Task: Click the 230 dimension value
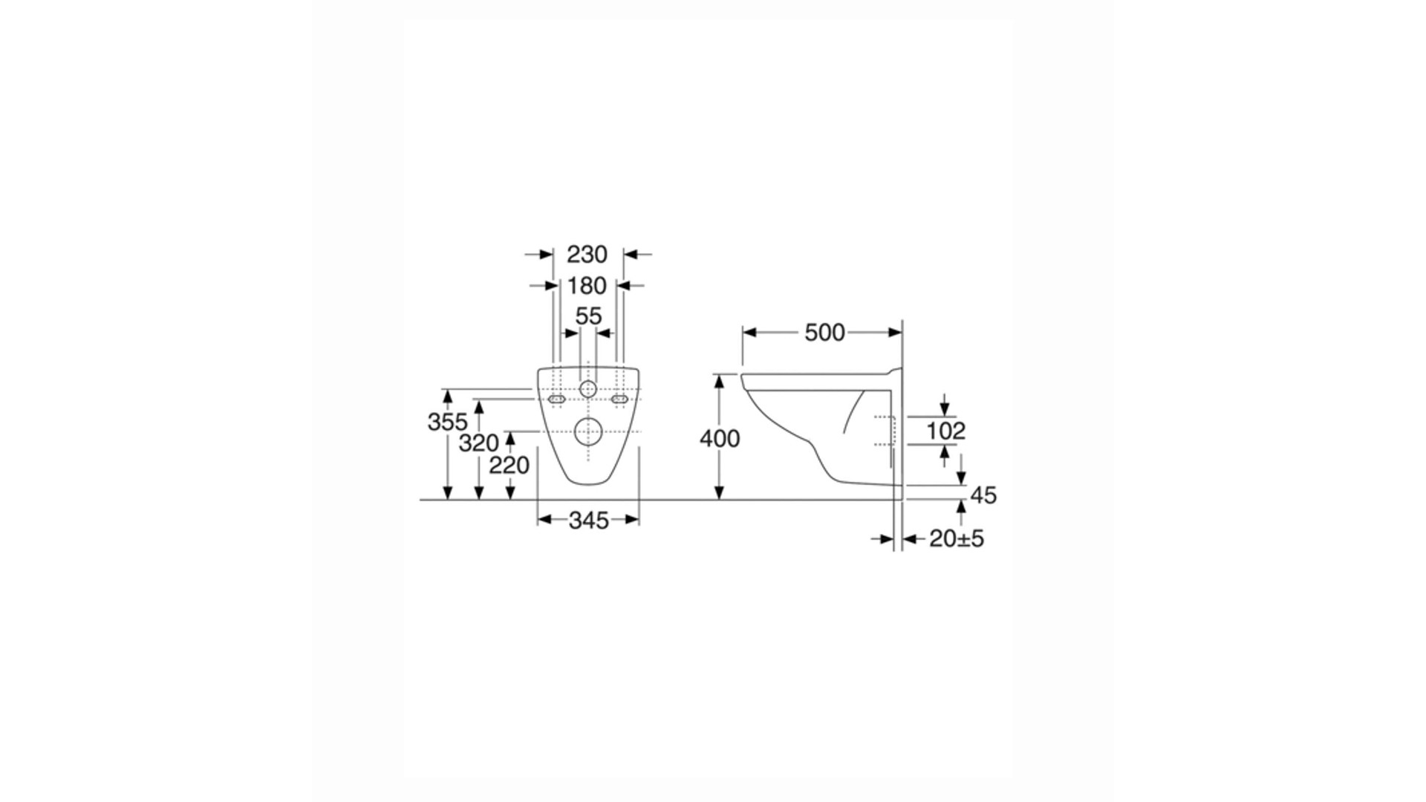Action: pyautogui.click(x=587, y=255)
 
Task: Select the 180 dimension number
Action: pyautogui.click(x=587, y=286)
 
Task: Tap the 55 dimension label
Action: pyautogui.click(x=588, y=316)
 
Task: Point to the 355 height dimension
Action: pyautogui.click(x=447, y=422)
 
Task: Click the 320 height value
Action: pyautogui.click(x=478, y=443)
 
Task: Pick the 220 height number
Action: pyautogui.click(x=509, y=466)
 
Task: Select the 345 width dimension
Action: pyautogui.click(x=588, y=521)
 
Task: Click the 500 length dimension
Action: pyautogui.click(x=824, y=333)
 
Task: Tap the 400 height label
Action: pyautogui.click(x=720, y=439)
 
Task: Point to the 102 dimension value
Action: pyautogui.click(x=945, y=431)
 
